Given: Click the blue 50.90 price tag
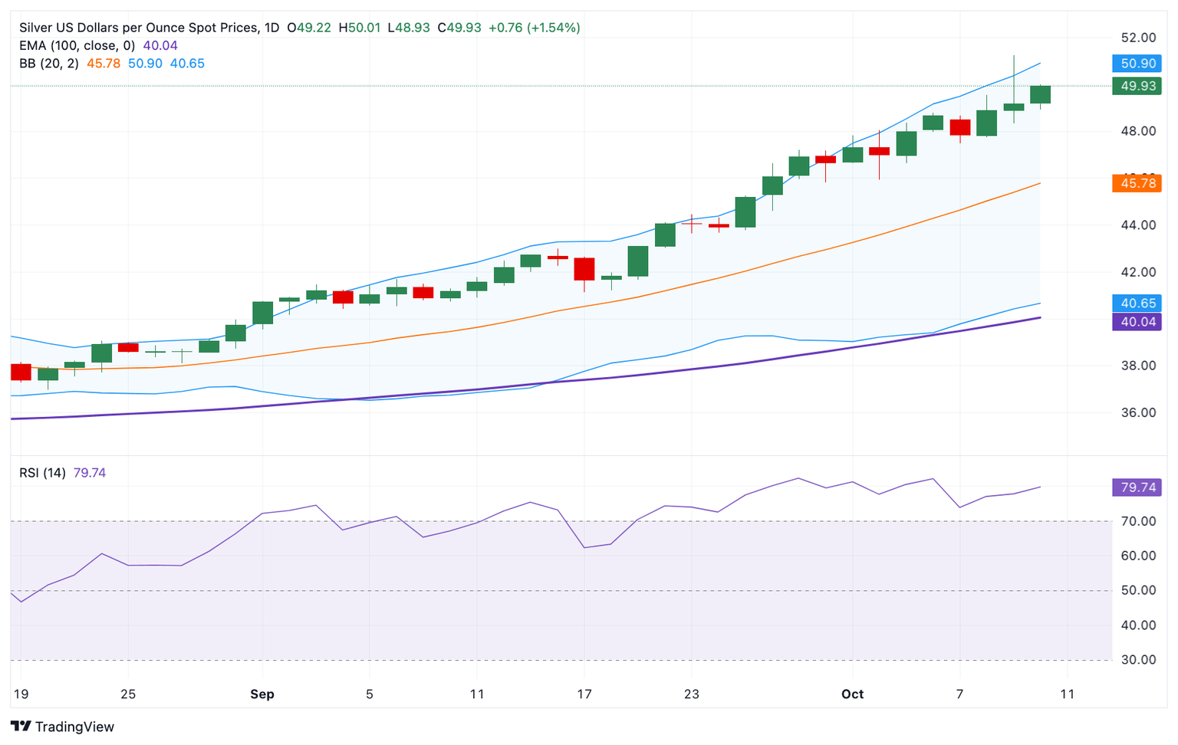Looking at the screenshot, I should (1137, 64).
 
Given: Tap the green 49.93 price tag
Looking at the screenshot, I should (1137, 86).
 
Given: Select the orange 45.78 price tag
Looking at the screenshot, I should (1137, 183).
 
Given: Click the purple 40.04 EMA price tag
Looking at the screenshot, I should (1137, 322).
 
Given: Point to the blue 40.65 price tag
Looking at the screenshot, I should (1137, 304).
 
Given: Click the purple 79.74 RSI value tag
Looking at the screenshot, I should (1137, 487).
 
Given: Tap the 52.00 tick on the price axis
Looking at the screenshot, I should (1138, 38).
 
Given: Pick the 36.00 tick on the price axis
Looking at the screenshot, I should (1138, 412).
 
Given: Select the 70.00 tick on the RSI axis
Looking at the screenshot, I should (1138, 521).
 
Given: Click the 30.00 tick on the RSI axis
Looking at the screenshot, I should (1138, 660).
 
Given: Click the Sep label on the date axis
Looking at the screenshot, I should (262, 694).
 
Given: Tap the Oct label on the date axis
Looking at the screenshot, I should (852, 694).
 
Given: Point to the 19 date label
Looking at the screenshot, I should (21, 694).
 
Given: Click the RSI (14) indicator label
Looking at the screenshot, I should (42, 473).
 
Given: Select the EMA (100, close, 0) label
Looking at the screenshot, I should (77, 46).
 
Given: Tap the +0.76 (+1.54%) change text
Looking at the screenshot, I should (534, 28).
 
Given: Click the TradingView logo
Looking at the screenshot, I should (63, 727).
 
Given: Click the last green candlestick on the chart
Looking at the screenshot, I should (1040, 94).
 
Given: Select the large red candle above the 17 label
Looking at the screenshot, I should (584, 269).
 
